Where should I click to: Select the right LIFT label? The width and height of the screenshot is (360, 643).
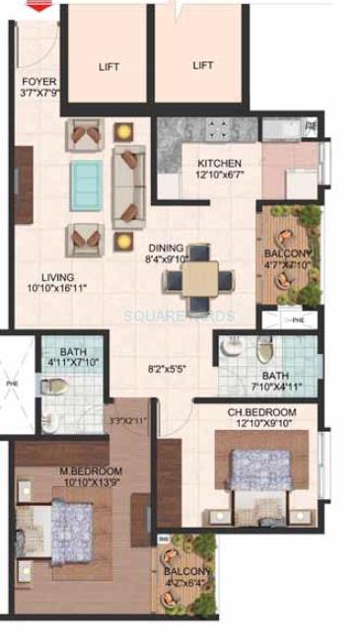click(x=203, y=65)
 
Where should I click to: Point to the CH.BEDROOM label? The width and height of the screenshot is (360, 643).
click(x=254, y=411)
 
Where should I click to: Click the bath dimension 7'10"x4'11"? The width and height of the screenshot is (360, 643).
click(x=257, y=386)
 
